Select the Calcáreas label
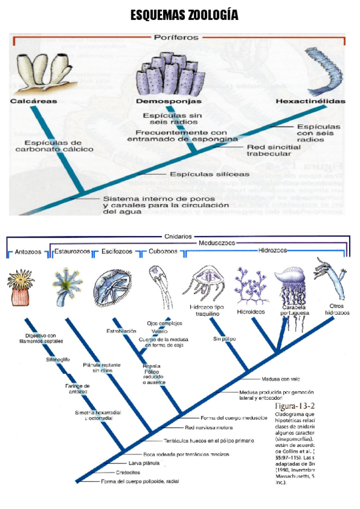click(34, 101)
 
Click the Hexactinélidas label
click(311, 101)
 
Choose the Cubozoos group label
click(163, 253)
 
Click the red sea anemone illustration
click(23, 288)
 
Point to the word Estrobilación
click(122, 331)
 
